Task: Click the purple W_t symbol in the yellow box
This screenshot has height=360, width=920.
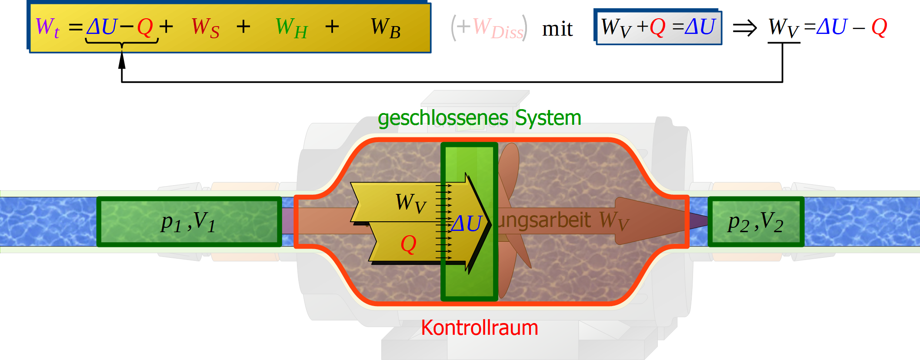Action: [47, 27]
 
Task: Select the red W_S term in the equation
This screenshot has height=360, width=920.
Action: [205, 28]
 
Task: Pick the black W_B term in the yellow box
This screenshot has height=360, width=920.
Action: [385, 28]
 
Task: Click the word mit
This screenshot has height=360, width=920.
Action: [557, 29]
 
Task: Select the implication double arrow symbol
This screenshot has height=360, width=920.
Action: [745, 29]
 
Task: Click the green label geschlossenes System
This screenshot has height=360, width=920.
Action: [479, 118]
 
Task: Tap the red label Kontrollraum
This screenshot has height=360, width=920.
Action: [479, 328]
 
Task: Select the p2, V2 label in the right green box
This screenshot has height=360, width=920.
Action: [756, 223]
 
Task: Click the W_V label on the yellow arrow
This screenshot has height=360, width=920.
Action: [410, 203]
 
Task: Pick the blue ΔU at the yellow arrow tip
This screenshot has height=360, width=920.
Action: [467, 224]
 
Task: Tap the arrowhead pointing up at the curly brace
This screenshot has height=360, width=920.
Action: [122, 59]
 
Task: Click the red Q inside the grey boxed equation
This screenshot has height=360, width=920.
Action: [657, 27]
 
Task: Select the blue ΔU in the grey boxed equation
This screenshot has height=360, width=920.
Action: [700, 27]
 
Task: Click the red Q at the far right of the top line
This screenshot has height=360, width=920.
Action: [879, 27]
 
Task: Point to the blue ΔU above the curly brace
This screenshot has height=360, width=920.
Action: [102, 27]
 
